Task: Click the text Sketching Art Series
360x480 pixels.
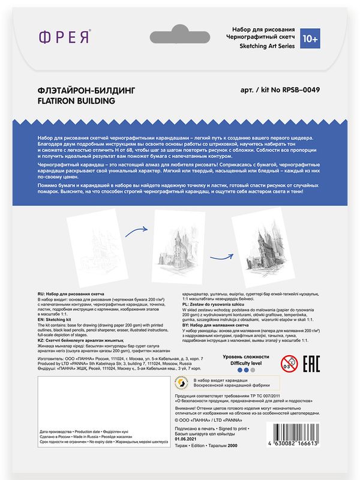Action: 263,46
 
